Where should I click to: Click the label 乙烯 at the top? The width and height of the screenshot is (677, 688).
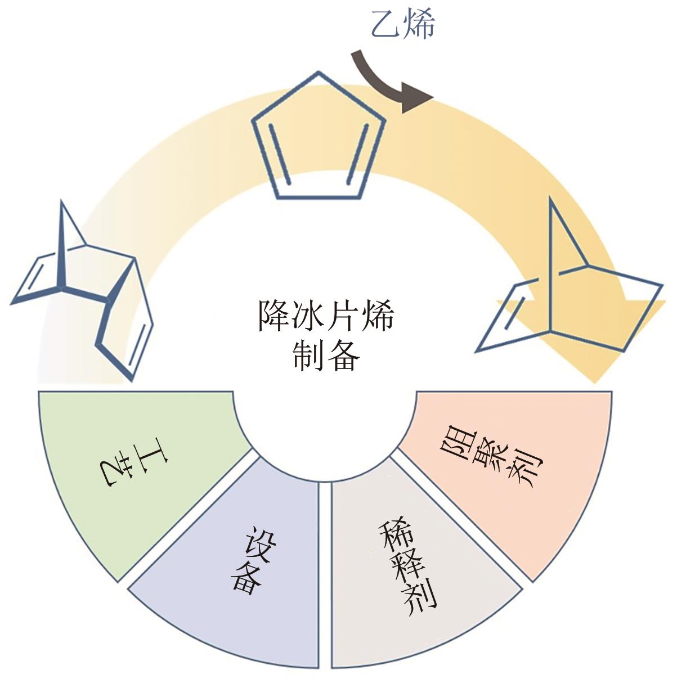[403, 25]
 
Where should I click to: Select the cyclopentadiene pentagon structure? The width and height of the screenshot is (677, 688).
[319, 138]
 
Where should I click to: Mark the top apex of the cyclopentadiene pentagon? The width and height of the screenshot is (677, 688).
[319, 73]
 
